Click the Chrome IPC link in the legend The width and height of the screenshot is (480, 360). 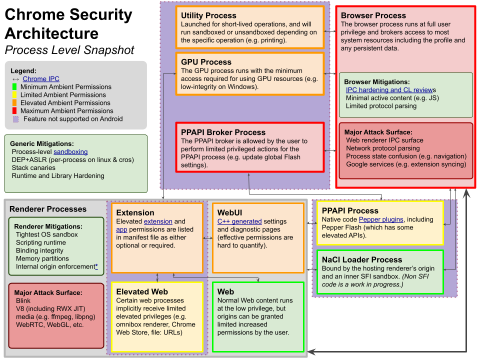pyautogui.click(x=41, y=79)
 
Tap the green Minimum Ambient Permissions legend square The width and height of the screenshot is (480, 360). pyautogui.click(x=15, y=87)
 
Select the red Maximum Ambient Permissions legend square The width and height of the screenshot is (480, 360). pyautogui.click(x=15, y=111)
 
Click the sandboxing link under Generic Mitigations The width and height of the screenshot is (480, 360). pyautogui.click(x=70, y=151)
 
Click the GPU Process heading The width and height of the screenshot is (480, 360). pyautogui.click(x=206, y=62)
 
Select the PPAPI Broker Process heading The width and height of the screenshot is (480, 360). pyautogui.click(x=223, y=132)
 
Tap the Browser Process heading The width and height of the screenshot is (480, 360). pyautogui.click(x=373, y=15)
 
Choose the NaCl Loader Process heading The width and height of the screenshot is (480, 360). pyautogui.click(x=362, y=259)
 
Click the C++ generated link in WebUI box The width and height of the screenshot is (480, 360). pyautogui.click(x=239, y=221)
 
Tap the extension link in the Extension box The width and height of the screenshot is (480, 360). pyautogui.click(x=158, y=221)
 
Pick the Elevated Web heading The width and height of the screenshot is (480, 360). pyautogui.click(x=142, y=291)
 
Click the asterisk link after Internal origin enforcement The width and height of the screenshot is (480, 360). pyautogui.click(x=96, y=266)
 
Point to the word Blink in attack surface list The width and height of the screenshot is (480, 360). pyautogui.click(x=23, y=301)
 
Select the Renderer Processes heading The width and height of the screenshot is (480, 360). pyautogui.click(x=48, y=209)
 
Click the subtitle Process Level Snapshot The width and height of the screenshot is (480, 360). pyautogui.click(x=69, y=50)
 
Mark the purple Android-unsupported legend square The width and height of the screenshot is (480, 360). pyautogui.click(x=15, y=119)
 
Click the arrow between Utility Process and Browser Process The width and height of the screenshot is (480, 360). pyautogui.click(x=329, y=31)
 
